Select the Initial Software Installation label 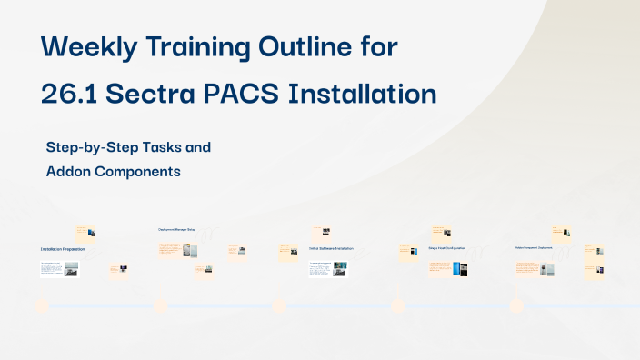point(330,248)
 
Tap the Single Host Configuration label point(446,248)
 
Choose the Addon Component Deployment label point(535,247)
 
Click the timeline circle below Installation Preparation point(41,306)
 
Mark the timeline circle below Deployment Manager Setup point(160,306)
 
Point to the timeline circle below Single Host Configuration point(397,306)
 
